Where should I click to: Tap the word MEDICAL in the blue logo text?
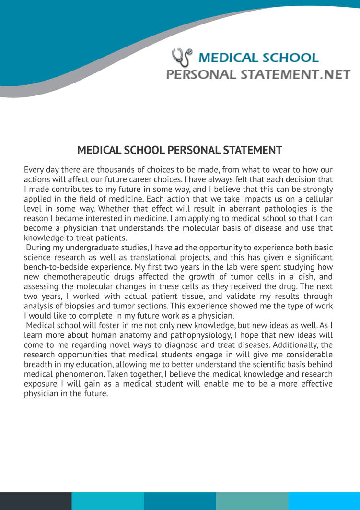point(228,58)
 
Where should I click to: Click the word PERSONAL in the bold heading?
point(193,150)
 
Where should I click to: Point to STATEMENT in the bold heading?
point(253,150)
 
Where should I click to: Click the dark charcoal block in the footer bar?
point(36,501)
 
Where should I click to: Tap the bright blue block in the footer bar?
point(324,501)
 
